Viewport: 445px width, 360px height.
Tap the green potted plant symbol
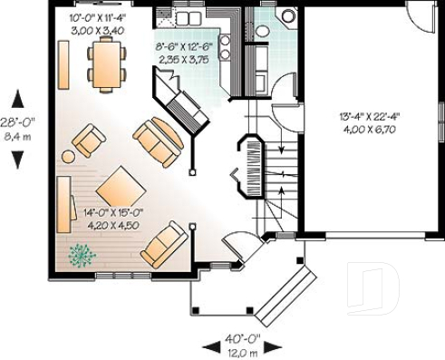(82, 255)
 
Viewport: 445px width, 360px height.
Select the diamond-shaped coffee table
(121, 189)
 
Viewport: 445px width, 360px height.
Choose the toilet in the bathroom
(288, 15)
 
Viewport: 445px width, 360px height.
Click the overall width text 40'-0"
(240, 335)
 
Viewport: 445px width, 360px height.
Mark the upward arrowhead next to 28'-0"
(16, 96)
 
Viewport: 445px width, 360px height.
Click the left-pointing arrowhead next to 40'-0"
(207, 345)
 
